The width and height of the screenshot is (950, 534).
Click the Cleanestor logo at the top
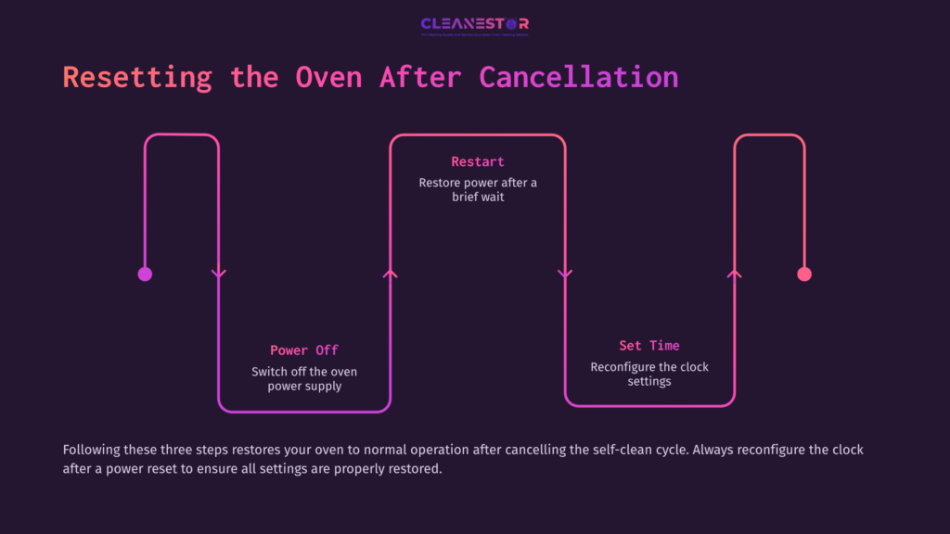474,24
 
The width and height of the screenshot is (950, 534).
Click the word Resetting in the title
137,77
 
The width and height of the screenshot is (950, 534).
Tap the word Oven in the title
328,77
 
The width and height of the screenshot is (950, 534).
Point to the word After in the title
419,77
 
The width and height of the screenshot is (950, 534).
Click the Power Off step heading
303,350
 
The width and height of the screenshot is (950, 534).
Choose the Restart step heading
477,162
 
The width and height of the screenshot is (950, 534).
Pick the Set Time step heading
649,346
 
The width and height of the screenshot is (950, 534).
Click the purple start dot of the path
145,273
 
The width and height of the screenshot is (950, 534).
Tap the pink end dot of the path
804,273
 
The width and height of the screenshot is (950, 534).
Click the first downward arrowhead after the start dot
219,273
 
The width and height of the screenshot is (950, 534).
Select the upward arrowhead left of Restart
391,273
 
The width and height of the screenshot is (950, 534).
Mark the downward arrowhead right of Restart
564,273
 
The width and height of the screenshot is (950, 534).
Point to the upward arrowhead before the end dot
735,273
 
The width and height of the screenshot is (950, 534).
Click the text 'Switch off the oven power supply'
303,378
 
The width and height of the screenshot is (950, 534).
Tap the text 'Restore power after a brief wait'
477,190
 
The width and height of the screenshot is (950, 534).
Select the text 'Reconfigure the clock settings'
649,374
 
